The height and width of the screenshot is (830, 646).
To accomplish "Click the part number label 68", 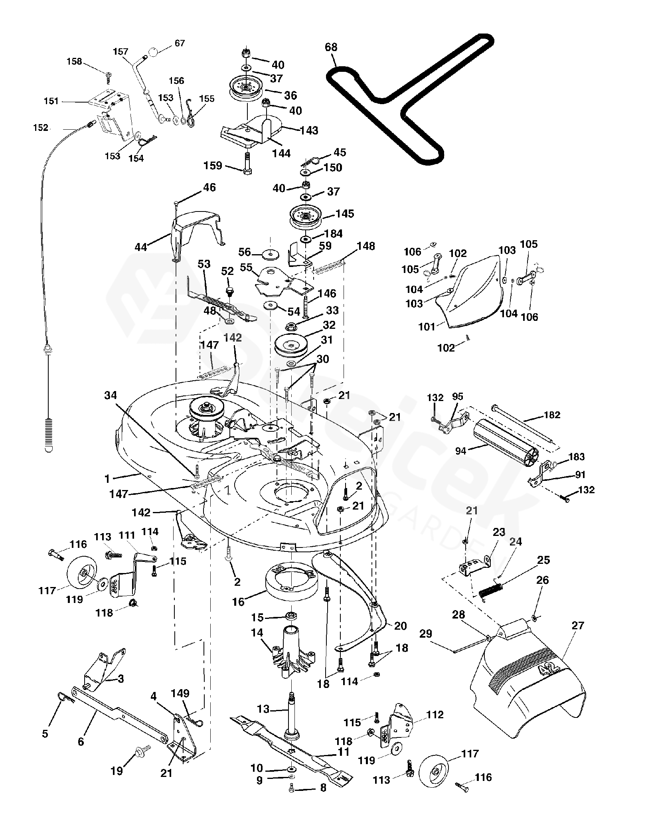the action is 331,47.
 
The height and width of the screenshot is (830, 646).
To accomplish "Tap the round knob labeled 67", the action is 153,52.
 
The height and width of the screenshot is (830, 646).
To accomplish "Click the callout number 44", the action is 141,247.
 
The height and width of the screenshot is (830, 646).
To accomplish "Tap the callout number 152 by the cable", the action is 41,127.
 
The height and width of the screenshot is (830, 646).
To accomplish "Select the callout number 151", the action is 51,101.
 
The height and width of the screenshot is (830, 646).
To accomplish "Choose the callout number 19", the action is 117,771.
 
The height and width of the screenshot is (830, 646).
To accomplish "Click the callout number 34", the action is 111,395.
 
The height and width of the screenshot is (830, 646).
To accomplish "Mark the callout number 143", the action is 309,130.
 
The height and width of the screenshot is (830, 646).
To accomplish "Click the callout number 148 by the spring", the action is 366,246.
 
